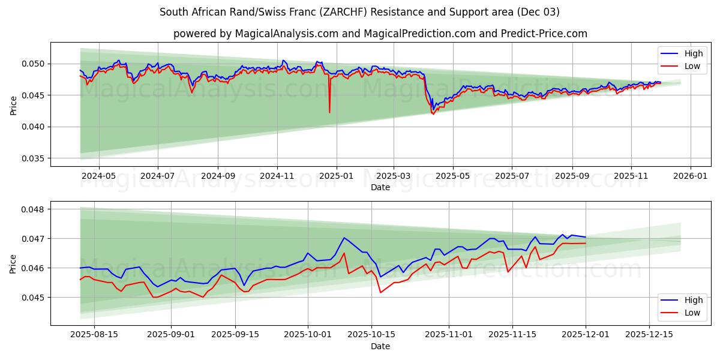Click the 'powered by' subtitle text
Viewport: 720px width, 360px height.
pos(380,34)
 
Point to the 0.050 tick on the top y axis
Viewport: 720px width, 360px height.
pos(34,64)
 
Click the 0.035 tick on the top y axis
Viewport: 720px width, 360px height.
pos(34,158)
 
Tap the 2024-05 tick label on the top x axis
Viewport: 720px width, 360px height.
pos(98,176)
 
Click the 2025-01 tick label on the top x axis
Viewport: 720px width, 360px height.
pos(336,176)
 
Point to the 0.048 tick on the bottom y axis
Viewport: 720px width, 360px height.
pos(34,209)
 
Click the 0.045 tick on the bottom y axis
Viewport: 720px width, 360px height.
pos(34,298)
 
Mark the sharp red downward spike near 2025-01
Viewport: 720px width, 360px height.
pos(329,112)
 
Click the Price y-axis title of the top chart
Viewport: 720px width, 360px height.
pos(14,104)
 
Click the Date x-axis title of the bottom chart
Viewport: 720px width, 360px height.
pos(380,347)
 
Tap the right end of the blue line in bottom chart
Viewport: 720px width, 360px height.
pos(586,237)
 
